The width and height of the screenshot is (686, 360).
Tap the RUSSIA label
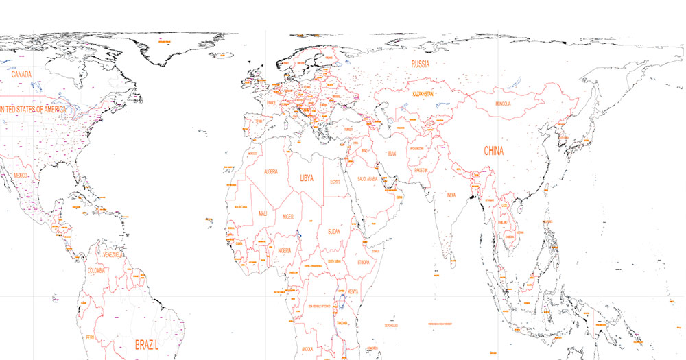coord(420,64)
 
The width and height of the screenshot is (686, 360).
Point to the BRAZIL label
coord(147,345)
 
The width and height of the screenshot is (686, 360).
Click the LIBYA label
coord(306,178)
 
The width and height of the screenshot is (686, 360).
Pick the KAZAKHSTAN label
coord(423,93)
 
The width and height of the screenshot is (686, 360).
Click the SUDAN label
coord(334,231)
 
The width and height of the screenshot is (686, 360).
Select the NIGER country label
coord(289,217)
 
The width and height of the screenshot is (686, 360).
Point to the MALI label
coord(263,214)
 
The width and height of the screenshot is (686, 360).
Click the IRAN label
coord(392,154)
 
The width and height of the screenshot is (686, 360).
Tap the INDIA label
coord(451,195)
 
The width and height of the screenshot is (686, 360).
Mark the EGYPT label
coord(335,182)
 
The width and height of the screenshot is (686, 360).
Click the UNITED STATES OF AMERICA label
coord(32,109)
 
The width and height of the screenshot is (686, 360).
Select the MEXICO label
coord(21,176)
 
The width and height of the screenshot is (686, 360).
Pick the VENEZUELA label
coord(112,255)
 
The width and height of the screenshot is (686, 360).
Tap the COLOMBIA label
coord(97,271)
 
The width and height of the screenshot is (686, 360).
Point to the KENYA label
coord(353,291)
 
